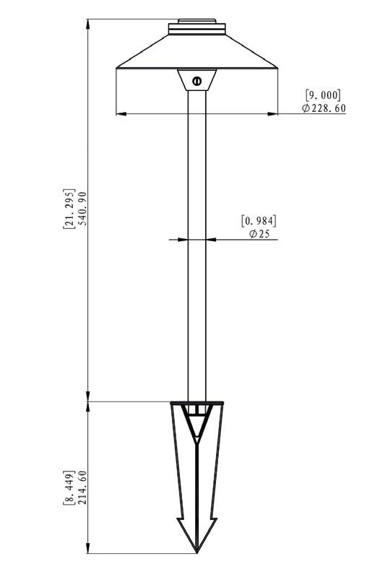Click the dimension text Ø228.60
pyautogui.click(x=324, y=108)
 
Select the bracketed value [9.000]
pyautogui.click(x=324, y=95)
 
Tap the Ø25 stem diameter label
pyautogui.click(x=259, y=234)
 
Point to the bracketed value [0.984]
pyautogui.click(x=259, y=221)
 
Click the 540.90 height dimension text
pyautogui.click(x=83, y=209)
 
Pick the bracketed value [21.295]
pyautogui.click(x=69, y=209)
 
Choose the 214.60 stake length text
pyautogui.click(x=83, y=487)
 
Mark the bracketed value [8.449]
pyautogui.click(x=69, y=487)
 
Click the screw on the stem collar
pyautogui.click(x=197, y=81)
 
